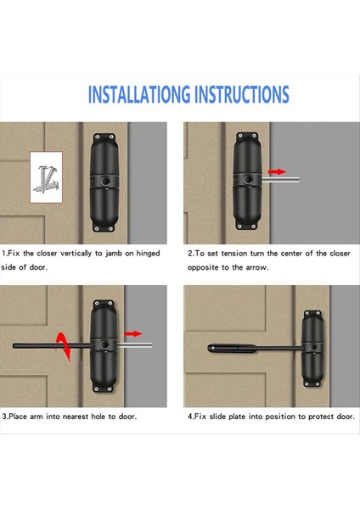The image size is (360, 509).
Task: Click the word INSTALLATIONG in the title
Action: pos(139,94)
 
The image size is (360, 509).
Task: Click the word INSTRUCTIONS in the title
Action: pos(242,94)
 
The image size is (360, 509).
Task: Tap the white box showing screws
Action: pos(46,177)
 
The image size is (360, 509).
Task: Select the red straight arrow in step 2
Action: pos(277,171)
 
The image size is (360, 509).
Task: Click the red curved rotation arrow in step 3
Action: pos(64,346)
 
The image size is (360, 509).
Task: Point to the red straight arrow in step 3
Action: pos(133,333)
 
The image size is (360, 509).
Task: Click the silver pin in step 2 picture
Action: pos(280,180)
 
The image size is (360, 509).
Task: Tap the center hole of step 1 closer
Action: pos(104,181)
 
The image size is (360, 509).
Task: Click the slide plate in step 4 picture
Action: pos(232,349)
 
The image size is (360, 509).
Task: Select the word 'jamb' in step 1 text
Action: pos(114,254)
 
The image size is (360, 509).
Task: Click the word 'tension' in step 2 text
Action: pos(236,254)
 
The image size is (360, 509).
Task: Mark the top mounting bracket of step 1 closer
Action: pos(104,137)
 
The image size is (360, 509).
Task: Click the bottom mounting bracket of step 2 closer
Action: pos(247,225)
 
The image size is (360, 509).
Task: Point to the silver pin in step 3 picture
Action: pos(134,345)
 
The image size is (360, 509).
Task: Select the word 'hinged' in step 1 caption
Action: pos(148,254)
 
